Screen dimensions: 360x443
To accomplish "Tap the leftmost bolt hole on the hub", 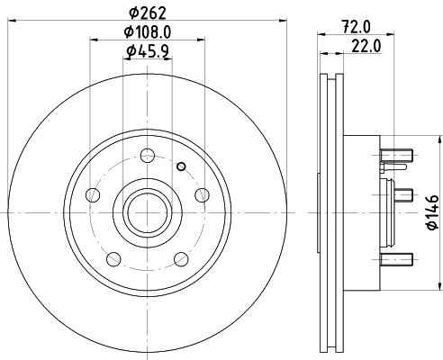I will (92, 196).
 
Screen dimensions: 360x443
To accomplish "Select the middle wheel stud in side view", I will (402, 193).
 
